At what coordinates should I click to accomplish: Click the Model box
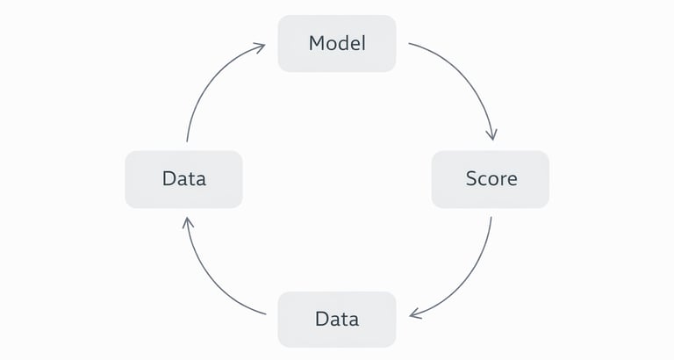pyautogui.click(x=337, y=43)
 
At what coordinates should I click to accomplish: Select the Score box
pyautogui.click(x=491, y=179)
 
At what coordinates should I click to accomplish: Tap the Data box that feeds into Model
pyautogui.click(x=183, y=179)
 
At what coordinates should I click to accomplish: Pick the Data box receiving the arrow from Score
pyautogui.click(x=337, y=319)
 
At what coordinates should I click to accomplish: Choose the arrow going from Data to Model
pyautogui.click(x=207, y=79)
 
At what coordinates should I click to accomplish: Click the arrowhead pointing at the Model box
pyautogui.click(x=261, y=47)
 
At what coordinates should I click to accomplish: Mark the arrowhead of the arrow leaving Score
pyautogui.click(x=414, y=314)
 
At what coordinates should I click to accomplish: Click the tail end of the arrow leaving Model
pyautogui.click(x=411, y=44)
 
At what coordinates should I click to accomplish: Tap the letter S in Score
pyautogui.click(x=470, y=179)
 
